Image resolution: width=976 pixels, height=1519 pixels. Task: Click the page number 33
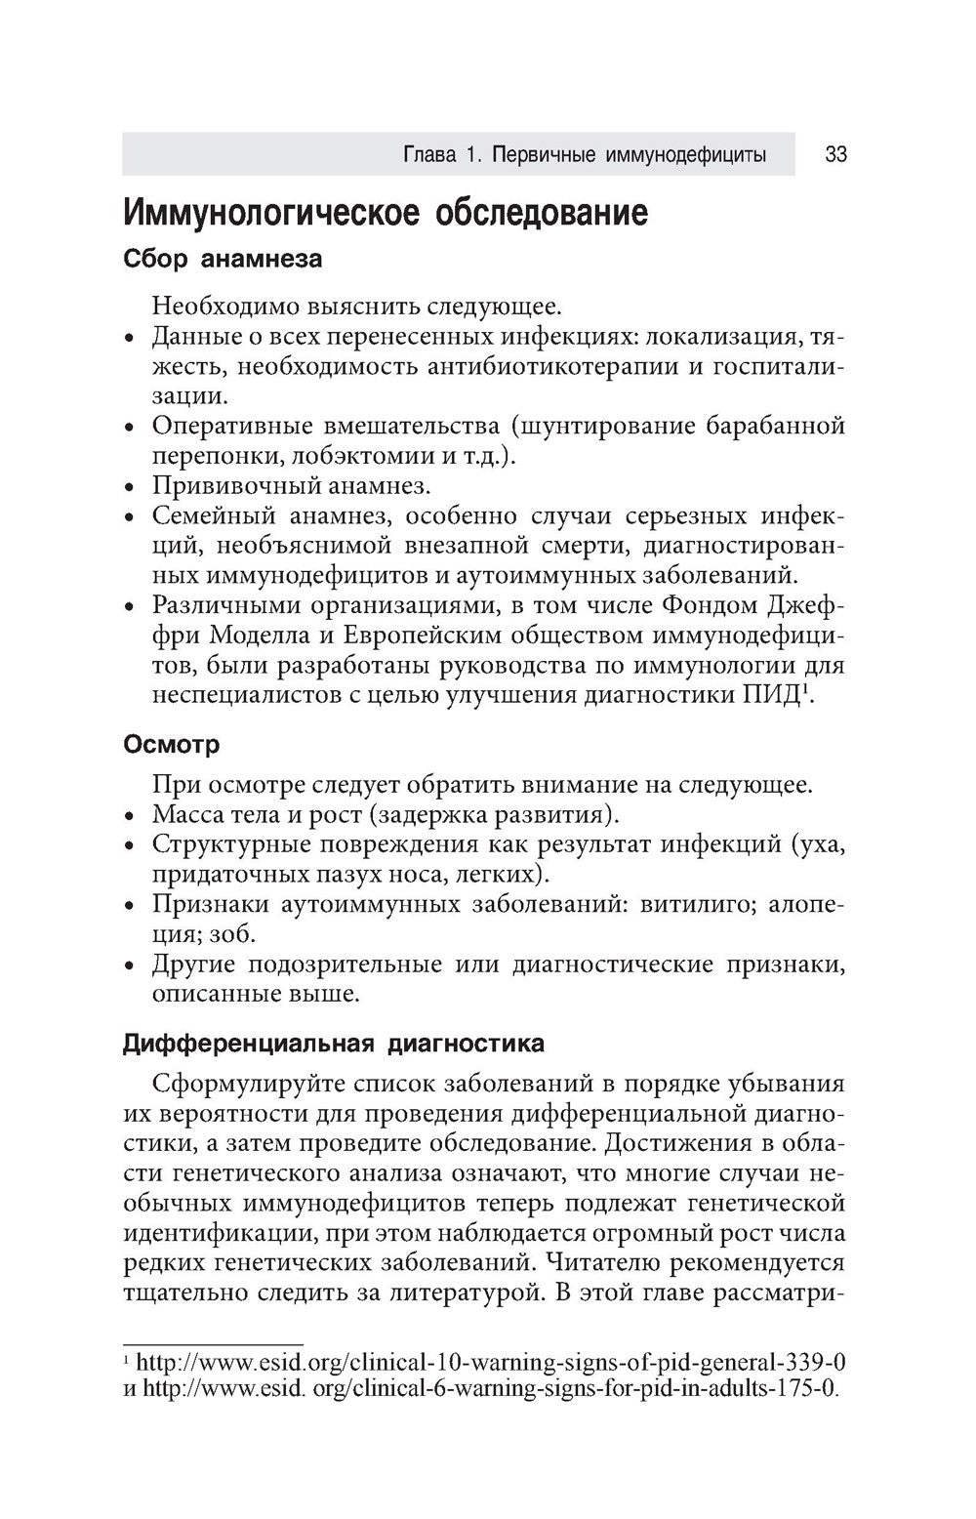click(x=835, y=155)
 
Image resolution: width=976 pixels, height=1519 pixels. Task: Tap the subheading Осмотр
click(x=172, y=745)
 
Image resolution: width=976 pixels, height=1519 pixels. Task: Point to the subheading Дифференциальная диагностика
click(x=334, y=1044)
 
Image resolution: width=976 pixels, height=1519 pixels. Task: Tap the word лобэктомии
click(x=354, y=456)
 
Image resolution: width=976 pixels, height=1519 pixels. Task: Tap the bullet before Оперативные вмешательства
click(x=130, y=428)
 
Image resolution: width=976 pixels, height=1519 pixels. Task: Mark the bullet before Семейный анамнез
click(x=130, y=516)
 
